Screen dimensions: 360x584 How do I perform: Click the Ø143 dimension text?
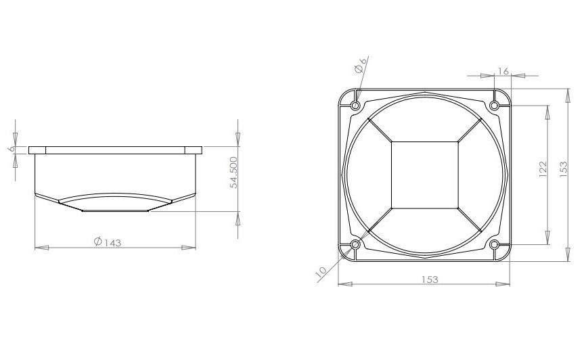108,241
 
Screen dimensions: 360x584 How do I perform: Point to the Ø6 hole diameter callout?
361,65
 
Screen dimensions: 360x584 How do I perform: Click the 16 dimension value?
503,71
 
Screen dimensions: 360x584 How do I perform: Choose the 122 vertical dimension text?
543,168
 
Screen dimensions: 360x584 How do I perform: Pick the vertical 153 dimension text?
563,168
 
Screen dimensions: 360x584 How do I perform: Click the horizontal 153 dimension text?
430,279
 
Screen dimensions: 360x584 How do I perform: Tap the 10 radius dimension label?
322,271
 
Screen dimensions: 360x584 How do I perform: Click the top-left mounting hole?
355,106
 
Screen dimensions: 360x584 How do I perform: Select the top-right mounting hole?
494,105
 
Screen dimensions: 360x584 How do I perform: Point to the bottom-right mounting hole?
494,244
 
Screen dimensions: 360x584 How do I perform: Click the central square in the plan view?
424,175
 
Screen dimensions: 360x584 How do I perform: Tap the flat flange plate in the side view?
115,150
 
